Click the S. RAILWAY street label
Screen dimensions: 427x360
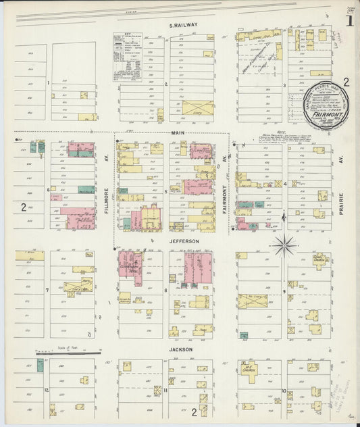pyautogui.click(x=184, y=25)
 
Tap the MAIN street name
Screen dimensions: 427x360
pyautogui.click(x=178, y=133)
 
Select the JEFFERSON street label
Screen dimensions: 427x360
pyautogui.click(x=184, y=241)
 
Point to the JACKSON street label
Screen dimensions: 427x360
pyautogui.click(x=181, y=349)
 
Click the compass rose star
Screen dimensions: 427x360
pyautogui.click(x=284, y=245)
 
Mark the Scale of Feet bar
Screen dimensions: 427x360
pyautogui.click(x=68, y=353)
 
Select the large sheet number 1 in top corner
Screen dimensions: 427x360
pyautogui.click(x=349, y=20)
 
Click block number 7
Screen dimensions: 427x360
pyautogui.click(x=47, y=291)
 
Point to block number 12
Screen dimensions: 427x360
pyautogui.click(x=47, y=391)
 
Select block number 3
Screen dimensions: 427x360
pyautogui.click(x=284, y=85)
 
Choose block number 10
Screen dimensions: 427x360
pyautogui.click(x=284, y=391)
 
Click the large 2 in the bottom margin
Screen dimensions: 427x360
pyautogui.click(x=193, y=411)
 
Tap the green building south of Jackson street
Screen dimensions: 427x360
pyautogui.click(x=40, y=365)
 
